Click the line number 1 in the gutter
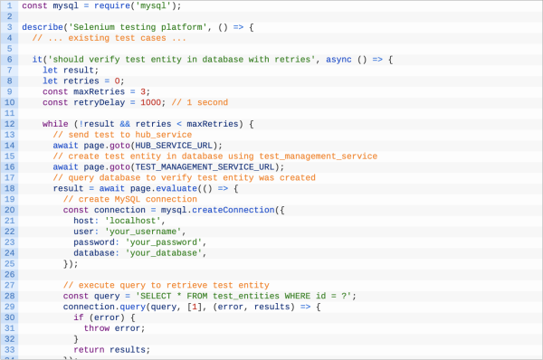pyautogui.click(x=8, y=5)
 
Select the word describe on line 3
pyautogui.click(x=43, y=27)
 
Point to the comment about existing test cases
pyautogui.click(x=109, y=38)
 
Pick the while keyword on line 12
pyautogui.click(x=55, y=124)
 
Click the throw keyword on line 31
pyautogui.click(x=96, y=327)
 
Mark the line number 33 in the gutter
pyautogui.click(x=8, y=349)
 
